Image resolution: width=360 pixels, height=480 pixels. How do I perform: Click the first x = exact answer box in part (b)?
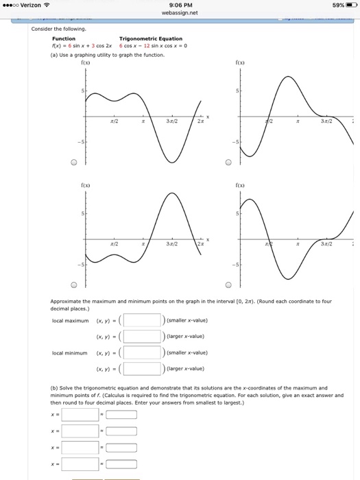pos(80,414)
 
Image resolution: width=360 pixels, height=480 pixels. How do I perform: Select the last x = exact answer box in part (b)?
pos(80,465)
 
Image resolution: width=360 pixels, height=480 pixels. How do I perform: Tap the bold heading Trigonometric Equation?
pos(151,39)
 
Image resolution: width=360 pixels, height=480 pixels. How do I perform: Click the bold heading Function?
pos(64,39)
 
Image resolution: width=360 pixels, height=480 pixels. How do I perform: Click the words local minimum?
pos(70,352)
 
